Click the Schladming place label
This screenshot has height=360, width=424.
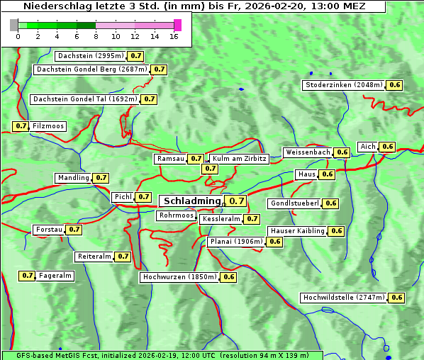192,201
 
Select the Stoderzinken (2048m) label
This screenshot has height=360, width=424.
344,85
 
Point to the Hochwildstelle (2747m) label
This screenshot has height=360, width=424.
344,298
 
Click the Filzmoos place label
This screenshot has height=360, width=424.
48,126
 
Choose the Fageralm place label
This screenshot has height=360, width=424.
55,276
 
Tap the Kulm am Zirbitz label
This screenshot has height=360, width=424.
238,159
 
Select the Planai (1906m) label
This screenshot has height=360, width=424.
236,242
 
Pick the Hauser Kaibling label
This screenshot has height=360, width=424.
297,231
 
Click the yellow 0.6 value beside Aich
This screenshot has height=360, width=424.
387,147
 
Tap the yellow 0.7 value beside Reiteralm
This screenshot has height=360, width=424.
123,257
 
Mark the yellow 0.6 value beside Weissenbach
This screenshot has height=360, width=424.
342,152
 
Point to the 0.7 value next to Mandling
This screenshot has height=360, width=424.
101,178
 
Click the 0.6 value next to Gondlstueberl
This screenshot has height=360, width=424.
330,203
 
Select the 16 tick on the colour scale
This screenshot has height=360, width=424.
174,35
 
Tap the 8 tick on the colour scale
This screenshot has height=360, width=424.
96,35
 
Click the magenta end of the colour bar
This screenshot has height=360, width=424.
177,25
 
